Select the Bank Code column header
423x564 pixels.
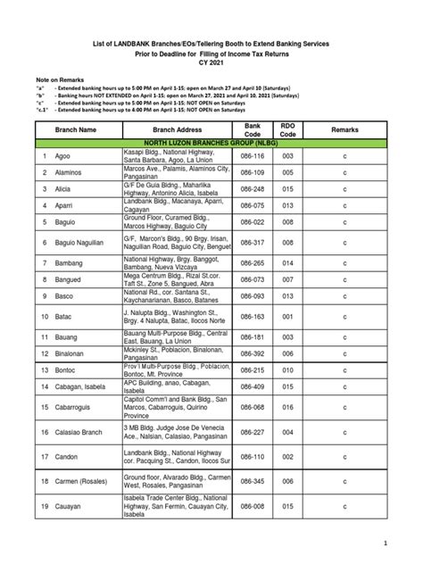point(252,129)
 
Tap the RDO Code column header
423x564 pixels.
point(287,129)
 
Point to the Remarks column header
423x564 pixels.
point(344,129)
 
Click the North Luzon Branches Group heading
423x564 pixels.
point(211,142)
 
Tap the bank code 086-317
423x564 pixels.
point(252,241)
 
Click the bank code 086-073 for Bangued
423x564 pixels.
point(252,279)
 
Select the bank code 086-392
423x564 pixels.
point(252,353)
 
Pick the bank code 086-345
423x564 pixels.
point(252,481)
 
